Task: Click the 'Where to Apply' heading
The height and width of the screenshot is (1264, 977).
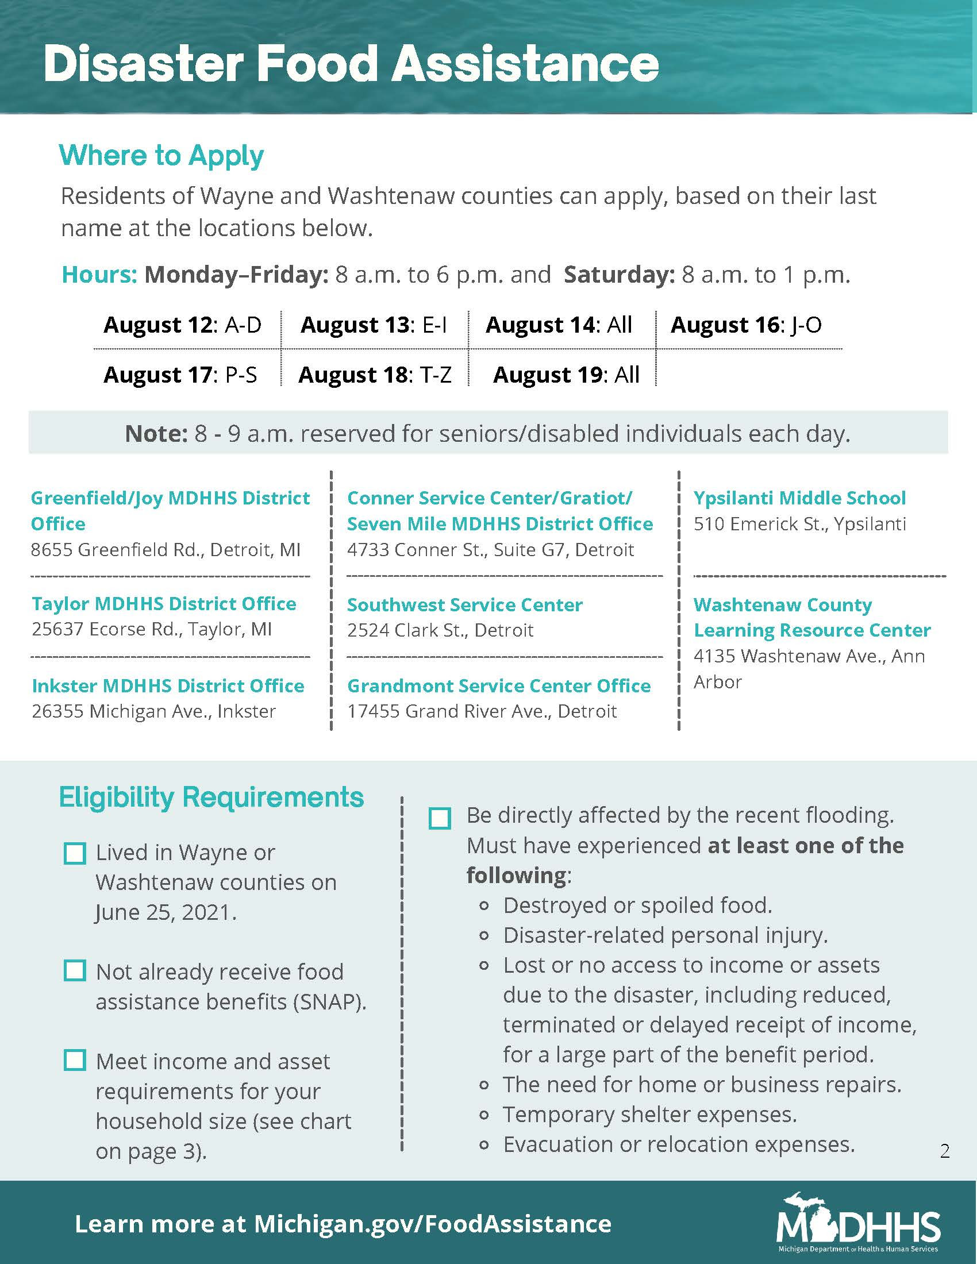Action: click(x=161, y=156)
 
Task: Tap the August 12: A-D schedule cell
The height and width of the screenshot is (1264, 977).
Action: click(x=182, y=325)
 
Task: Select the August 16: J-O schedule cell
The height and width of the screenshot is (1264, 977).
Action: click(x=745, y=325)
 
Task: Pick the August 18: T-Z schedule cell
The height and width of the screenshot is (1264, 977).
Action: click(x=375, y=375)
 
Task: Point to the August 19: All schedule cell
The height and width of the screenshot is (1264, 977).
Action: click(x=566, y=375)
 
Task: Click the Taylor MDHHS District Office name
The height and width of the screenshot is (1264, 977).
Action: click(x=164, y=604)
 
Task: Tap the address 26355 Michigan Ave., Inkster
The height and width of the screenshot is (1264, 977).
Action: click(x=153, y=711)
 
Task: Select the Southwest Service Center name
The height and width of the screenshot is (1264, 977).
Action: click(x=465, y=605)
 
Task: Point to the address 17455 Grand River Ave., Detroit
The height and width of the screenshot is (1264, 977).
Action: click(x=482, y=711)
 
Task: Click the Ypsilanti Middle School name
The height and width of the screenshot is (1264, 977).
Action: click(x=799, y=498)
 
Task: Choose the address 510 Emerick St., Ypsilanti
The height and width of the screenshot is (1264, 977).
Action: click(x=799, y=525)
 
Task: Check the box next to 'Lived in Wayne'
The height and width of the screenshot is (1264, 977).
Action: click(x=75, y=854)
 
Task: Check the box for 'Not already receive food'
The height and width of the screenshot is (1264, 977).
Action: click(x=75, y=970)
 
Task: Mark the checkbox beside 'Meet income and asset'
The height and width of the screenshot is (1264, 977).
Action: click(x=75, y=1060)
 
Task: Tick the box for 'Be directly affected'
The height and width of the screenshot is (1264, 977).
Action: click(x=440, y=818)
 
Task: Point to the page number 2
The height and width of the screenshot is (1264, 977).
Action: click(x=945, y=1151)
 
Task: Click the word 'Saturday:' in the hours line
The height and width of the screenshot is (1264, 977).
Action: click(x=620, y=275)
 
